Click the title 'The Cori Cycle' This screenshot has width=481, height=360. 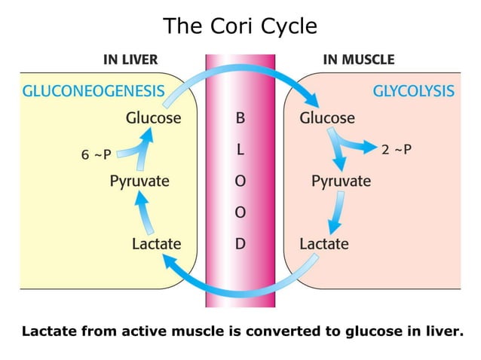click(x=240, y=26)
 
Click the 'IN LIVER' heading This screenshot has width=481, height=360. click(x=130, y=59)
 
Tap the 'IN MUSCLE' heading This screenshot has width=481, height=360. click(x=358, y=59)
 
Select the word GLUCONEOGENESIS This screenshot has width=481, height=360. click(x=93, y=92)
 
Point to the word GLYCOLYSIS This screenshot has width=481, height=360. click(x=413, y=92)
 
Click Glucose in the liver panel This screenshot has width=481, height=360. click(x=153, y=118)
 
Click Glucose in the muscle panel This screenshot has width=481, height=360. click(x=326, y=118)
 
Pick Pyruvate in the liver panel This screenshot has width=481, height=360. click(x=139, y=182)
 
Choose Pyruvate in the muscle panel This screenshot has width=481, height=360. click(x=341, y=182)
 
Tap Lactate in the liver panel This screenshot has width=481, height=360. click(x=156, y=243)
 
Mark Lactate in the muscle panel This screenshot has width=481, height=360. click(x=323, y=243)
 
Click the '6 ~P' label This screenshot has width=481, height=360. click(x=96, y=155)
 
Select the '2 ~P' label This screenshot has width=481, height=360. click(x=397, y=149)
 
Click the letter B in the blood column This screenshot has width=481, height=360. click(x=240, y=118)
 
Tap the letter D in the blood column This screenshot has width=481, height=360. click(x=240, y=243)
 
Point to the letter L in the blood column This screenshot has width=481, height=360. click(x=240, y=149)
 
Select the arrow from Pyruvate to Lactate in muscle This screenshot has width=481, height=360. click(x=337, y=213)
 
